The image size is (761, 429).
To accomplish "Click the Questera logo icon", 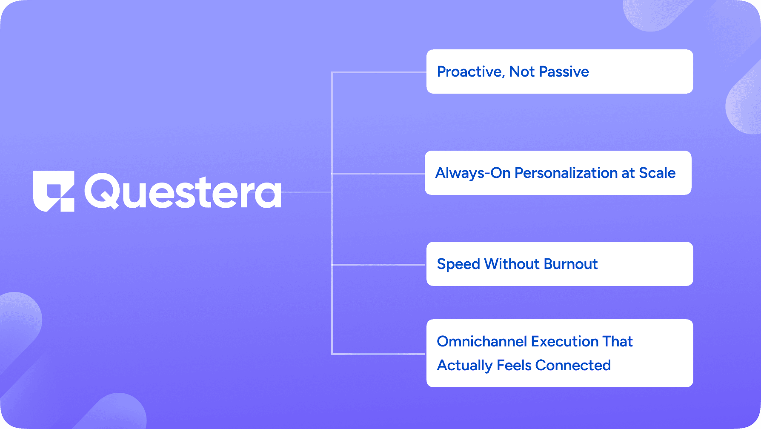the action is pos(54,191).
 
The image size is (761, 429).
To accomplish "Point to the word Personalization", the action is pos(566,173).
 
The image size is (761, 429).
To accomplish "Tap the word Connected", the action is pos(573,365).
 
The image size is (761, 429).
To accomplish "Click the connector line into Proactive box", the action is pos(379,73).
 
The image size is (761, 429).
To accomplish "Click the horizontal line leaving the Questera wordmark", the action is pos(306,192).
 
